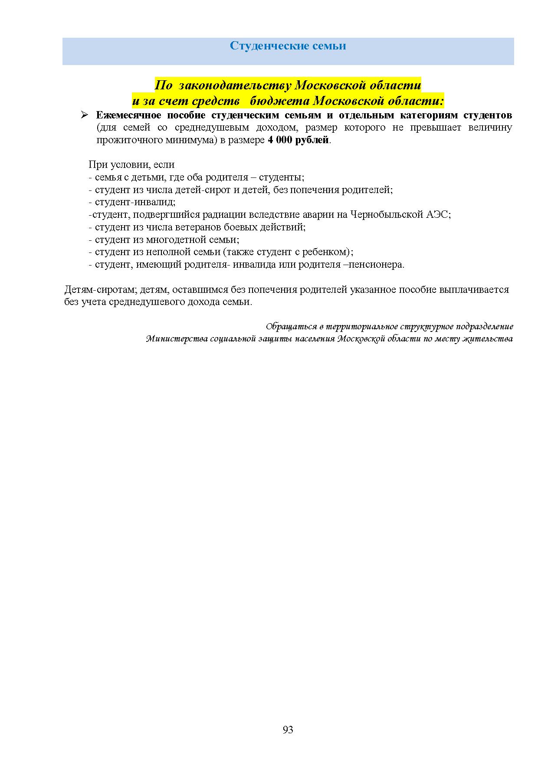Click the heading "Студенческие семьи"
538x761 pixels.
pyautogui.click(x=288, y=46)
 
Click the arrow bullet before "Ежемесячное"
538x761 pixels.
pyautogui.click(x=85, y=115)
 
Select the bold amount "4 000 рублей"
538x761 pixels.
pyautogui.click(x=299, y=141)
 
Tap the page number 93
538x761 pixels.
pyautogui.click(x=288, y=729)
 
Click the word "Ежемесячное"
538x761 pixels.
pyautogui.click(x=128, y=115)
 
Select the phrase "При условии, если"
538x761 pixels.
pyautogui.click(x=131, y=164)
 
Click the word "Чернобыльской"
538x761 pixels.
pyautogui.click(x=386, y=214)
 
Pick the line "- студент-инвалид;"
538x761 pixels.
pyautogui.click(x=132, y=202)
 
